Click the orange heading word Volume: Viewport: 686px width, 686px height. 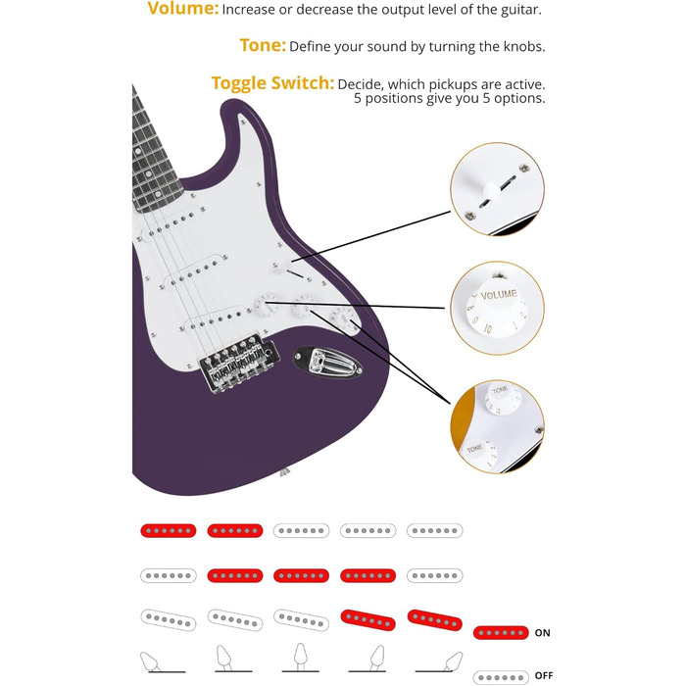pos(183,10)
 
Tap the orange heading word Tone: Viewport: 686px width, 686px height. pos(263,46)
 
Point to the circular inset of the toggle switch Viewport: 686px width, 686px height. pos(498,188)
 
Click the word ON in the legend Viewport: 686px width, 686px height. pos(542,633)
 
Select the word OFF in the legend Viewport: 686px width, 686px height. pos(543,676)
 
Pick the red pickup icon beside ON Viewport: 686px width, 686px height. pos(501,633)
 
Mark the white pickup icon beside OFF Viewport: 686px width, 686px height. pos(501,677)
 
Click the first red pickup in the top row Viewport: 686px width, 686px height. pos(169,530)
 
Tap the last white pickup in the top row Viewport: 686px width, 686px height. pos(434,530)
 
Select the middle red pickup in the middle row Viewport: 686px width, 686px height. pos(301,575)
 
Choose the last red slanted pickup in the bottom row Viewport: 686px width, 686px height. pos(434,618)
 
